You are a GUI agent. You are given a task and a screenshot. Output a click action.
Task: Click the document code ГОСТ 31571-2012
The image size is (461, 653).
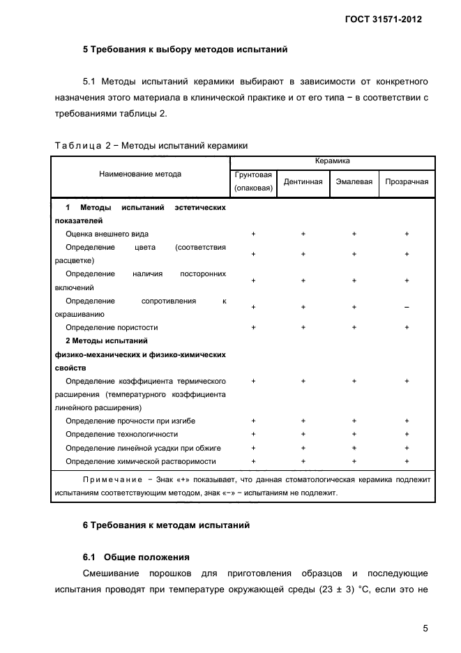(x=384, y=19)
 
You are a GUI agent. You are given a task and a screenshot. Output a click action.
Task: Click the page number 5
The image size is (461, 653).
(x=425, y=628)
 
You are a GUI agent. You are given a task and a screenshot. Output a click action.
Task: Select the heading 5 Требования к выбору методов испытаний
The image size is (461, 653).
(x=185, y=50)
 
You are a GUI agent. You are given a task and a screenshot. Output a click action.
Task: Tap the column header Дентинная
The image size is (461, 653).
(x=303, y=181)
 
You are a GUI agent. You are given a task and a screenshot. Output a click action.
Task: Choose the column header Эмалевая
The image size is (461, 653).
(x=354, y=181)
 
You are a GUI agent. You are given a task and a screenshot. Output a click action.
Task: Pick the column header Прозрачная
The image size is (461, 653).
(x=407, y=181)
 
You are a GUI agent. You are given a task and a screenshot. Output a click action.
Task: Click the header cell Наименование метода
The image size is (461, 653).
(x=139, y=174)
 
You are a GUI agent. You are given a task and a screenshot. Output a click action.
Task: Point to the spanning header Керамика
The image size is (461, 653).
(x=332, y=161)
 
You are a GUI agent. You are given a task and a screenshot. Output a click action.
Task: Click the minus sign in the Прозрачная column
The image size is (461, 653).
(x=407, y=307)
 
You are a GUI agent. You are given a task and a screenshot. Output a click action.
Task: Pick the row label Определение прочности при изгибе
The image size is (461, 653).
(x=130, y=421)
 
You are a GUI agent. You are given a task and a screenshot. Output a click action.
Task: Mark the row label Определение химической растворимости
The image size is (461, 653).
(x=140, y=461)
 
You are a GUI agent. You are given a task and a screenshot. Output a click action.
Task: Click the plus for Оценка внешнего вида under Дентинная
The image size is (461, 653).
(x=303, y=234)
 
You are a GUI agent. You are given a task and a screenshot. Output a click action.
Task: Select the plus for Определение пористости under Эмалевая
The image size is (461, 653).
(x=354, y=327)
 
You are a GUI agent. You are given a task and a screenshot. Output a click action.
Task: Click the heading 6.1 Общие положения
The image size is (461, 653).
(x=136, y=557)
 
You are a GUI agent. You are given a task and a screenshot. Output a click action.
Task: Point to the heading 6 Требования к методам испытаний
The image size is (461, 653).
(x=166, y=525)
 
